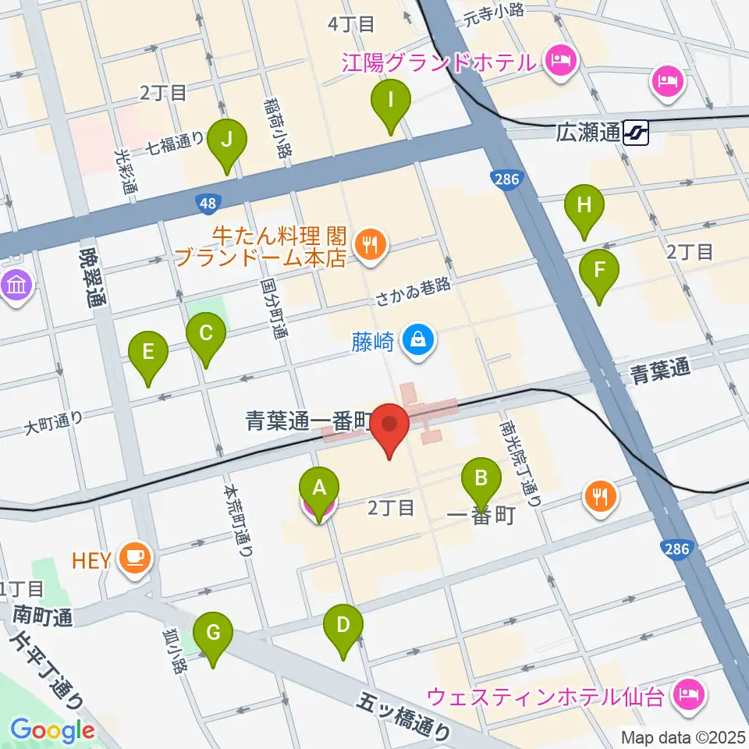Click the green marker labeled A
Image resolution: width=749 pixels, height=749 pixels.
click(318, 490)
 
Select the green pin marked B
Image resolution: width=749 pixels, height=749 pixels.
click(481, 477)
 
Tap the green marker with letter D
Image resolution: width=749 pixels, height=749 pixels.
click(343, 626)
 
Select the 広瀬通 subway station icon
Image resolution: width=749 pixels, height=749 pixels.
click(637, 133)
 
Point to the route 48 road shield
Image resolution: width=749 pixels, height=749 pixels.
click(207, 204)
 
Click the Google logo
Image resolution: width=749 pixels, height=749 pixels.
click(52, 730)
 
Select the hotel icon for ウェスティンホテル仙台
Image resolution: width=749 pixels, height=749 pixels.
click(690, 692)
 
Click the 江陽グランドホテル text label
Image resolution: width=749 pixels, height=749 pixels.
click(438, 61)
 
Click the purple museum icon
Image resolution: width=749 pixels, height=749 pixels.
click(16, 285)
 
